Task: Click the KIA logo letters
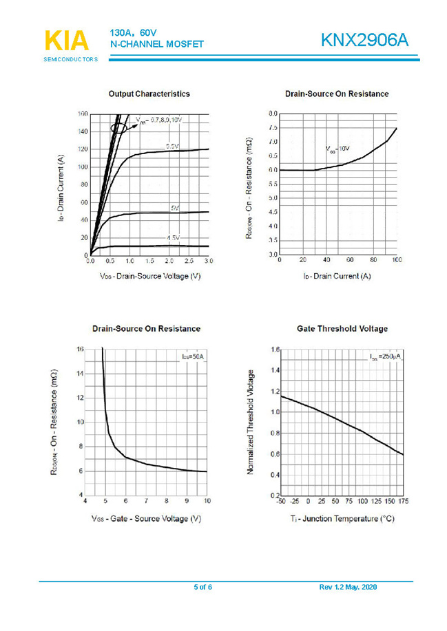coord(67,41)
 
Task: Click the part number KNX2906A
coord(365,41)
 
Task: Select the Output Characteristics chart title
coord(149,94)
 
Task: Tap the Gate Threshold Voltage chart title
coord(342,329)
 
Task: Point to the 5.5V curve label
coord(173,146)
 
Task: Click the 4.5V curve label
coord(173,238)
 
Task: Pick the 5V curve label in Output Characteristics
coord(175,208)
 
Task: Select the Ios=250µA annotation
coord(385,357)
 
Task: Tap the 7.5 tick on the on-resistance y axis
coord(273,128)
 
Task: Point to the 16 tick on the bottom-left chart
coord(79,350)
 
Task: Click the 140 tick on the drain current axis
coord(82,131)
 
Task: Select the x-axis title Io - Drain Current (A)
coord(337,276)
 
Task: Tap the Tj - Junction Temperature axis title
coord(342,518)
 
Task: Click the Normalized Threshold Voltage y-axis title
coord(251,422)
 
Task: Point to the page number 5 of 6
coord(202,587)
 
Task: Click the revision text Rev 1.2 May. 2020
coord(349,587)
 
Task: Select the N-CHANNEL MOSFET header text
coord(156,44)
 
